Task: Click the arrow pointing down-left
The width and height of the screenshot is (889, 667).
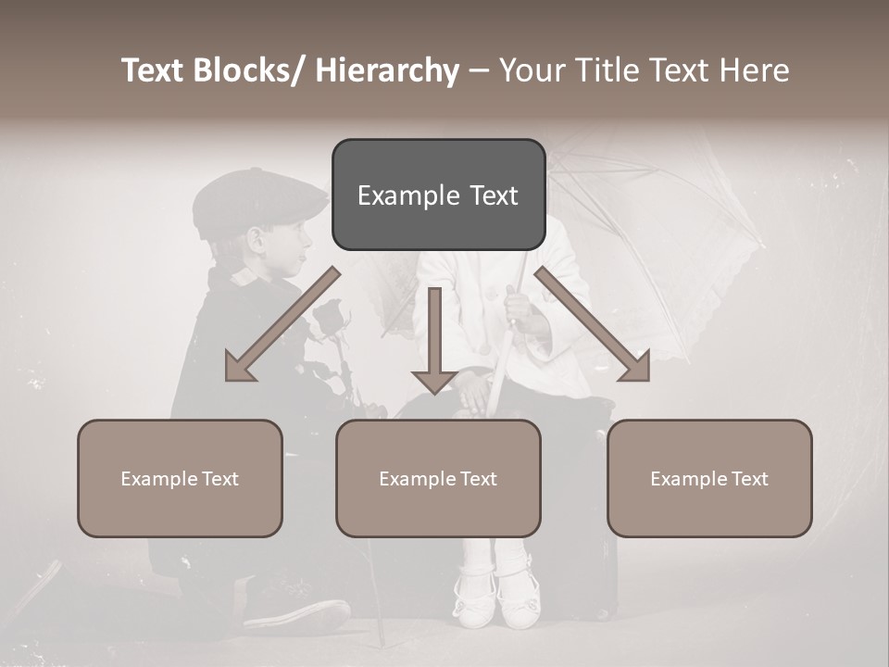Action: point(278,326)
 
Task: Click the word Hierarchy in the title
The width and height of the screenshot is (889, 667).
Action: point(387,71)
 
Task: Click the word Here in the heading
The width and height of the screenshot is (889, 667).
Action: point(754,71)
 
